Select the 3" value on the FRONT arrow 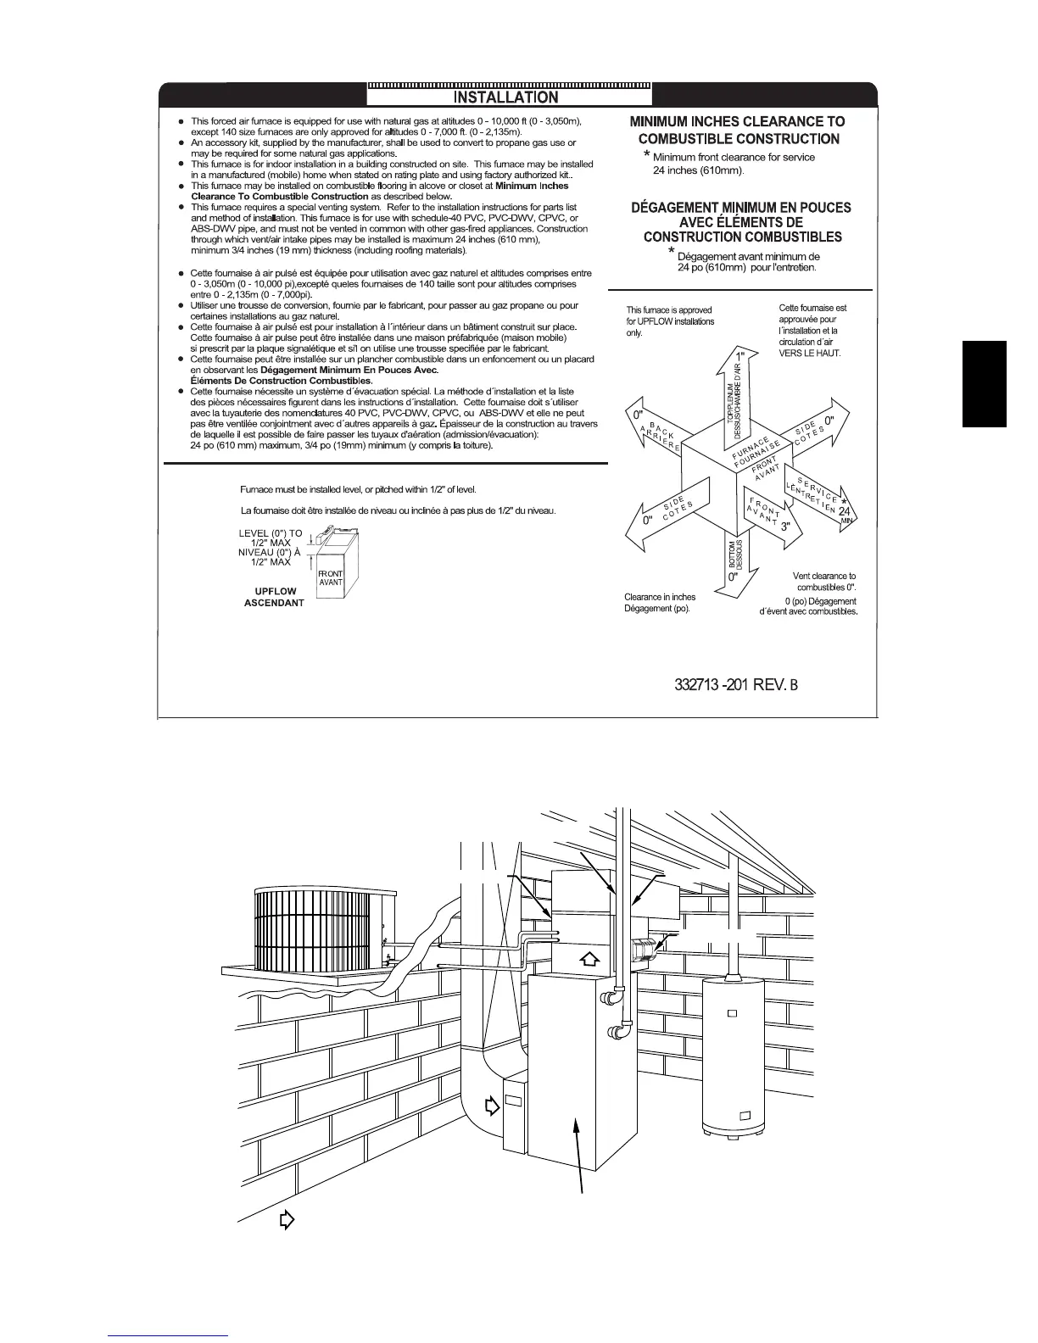pyautogui.click(x=786, y=527)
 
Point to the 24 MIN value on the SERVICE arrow pyautogui.click(x=845, y=514)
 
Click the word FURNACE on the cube pyautogui.click(x=751, y=449)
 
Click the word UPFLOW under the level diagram pyautogui.click(x=275, y=591)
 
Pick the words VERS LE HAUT pyautogui.click(x=810, y=353)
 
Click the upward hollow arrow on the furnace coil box pyautogui.click(x=591, y=959)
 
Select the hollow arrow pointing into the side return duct pyautogui.click(x=491, y=1106)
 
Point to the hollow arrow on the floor pyautogui.click(x=287, y=1220)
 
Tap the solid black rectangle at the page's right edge pyautogui.click(x=985, y=383)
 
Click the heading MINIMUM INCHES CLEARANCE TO pyautogui.click(x=737, y=121)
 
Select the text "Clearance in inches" pyautogui.click(x=660, y=597)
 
